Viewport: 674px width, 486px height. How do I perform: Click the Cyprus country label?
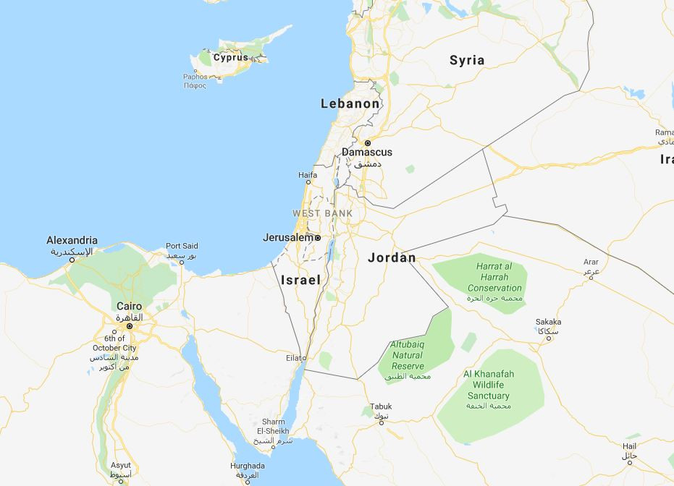click(x=230, y=57)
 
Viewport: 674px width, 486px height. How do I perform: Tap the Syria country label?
click(x=467, y=60)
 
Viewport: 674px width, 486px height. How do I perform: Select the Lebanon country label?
click(x=350, y=104)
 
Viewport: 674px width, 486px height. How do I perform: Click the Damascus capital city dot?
click(x=367, y=143)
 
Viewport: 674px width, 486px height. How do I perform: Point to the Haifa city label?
click(x=308, y=175)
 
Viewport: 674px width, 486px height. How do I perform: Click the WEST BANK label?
click(x=322, y=213)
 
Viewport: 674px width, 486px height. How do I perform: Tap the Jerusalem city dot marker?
click(x=317, y=237)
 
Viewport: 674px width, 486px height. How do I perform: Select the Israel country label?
click(x=300, y=279)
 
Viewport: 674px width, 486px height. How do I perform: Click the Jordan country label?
click(x=392, y=257)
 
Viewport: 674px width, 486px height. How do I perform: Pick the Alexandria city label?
click(x=72, y=240)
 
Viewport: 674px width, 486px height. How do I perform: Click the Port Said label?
click(x=182, y=246)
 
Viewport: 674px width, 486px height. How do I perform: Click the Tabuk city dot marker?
click(x=381, y=422)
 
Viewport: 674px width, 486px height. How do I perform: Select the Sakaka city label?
click(x=548, y=322)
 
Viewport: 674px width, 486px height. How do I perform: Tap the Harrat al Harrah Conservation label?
click(x=494, y=277)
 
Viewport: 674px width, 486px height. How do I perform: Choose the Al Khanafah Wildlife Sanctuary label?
click(x=489, y=385)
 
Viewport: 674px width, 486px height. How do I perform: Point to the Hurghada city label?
click(x=248, y=466)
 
